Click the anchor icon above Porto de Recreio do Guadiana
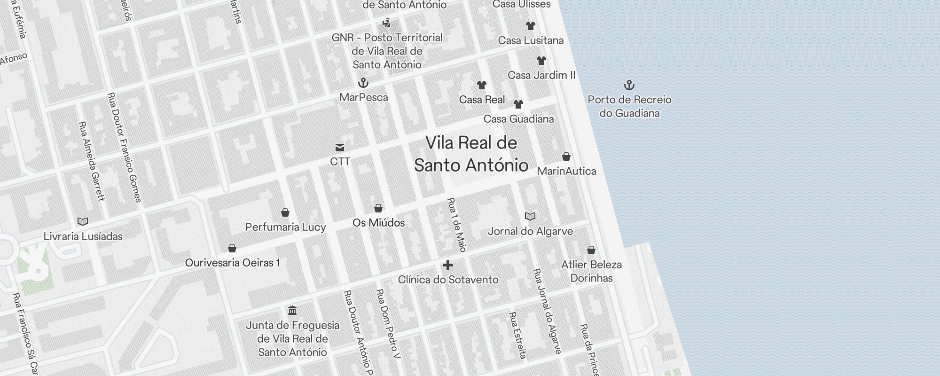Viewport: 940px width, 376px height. coord(629,85)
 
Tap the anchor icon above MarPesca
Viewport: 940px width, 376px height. coord(363,83)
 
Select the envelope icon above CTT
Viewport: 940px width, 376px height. coord(340,148)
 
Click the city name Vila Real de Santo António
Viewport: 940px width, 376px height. coord(471,154)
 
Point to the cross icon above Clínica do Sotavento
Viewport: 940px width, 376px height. coord(448,265)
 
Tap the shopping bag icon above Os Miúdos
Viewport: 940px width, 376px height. coord(378,208)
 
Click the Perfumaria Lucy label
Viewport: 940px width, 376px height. coord(285,227)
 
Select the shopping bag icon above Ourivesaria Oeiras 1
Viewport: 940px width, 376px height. coord(232,248)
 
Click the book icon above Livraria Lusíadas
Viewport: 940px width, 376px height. coord(83,221)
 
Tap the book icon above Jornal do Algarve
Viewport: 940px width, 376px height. coord(530,217)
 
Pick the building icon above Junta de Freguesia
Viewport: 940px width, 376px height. coord(292,311)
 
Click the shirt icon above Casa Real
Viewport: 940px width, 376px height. coord(481,85)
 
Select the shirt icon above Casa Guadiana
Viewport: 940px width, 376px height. coord(518,104)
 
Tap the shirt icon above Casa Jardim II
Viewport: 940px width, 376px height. coord(541,61)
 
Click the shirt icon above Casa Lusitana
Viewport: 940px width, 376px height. coord(531,26)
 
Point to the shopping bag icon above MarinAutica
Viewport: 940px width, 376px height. coord(566,157)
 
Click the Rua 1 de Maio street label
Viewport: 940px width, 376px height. coord(456,225)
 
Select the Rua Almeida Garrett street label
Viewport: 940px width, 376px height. coord(92,161)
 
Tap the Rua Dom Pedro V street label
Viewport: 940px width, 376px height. coord(388,323)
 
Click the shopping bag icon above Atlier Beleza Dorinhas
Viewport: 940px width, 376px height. coord(591,250)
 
